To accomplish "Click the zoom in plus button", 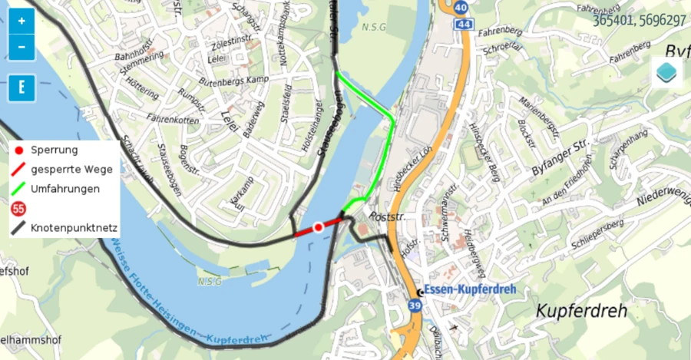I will point(21,21).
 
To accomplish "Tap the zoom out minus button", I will point(21,47).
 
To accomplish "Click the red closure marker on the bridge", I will point(319,227).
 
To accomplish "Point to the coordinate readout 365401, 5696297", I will point(639,21).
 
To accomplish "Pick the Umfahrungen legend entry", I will point(64,188).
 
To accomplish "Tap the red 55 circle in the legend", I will point(18,208).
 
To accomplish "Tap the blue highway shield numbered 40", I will point(461,8).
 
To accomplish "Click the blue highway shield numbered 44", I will point(462,25).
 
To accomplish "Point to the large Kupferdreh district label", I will point(581,311).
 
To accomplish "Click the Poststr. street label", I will point(386,217).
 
